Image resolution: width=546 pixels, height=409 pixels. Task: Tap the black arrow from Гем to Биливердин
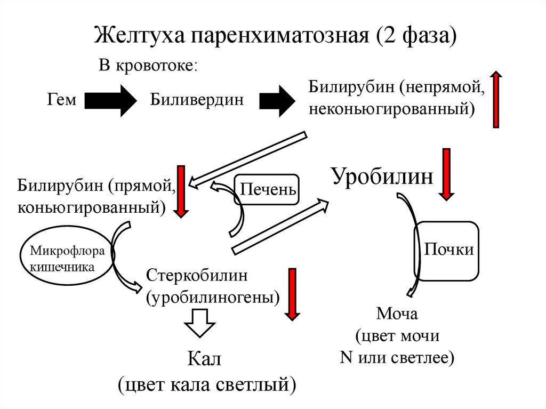tap(111, 100)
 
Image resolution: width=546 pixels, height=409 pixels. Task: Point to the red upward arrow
tap(496, 100)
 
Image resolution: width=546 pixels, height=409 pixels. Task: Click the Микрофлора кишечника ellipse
tap(67, 258)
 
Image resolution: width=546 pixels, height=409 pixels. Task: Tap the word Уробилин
tap(382, 176)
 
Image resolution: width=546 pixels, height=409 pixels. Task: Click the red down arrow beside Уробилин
tap(446, 174)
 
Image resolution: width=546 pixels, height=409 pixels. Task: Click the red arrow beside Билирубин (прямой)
tap(181, 192)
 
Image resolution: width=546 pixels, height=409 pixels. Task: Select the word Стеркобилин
tap(197, 276)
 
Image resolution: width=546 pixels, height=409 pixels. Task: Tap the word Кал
tap(204, 359)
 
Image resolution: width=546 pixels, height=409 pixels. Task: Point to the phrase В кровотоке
tap(148, 66)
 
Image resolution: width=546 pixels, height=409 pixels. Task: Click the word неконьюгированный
tap(391, 109)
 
